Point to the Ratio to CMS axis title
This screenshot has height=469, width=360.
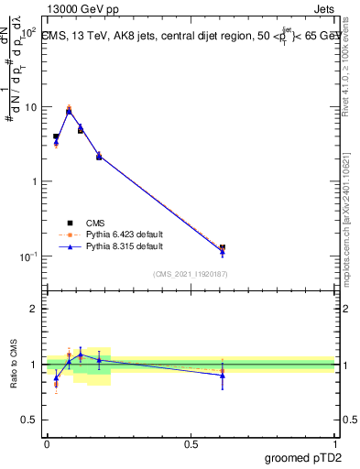tap(13, 365)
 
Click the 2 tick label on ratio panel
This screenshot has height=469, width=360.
tap(35, 309)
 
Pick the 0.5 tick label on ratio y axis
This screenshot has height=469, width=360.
tap(30, 420)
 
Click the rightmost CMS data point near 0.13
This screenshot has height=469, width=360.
tap(223, 247)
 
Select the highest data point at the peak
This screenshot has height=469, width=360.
tap(69, 108)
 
